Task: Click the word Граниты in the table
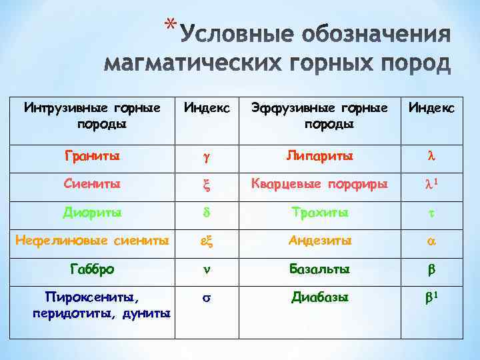(92, 157)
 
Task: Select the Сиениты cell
(92, 185)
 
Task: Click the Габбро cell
(92, 269)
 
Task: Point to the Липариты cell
(319, 157)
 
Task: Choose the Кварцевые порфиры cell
(319, 185)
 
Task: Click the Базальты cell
(319, 269)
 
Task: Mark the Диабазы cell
(319, 297)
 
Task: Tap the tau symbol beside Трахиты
(431, 214)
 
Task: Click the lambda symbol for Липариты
(431, 157)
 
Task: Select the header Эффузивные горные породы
(319, 116)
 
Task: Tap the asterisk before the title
(172, 25)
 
